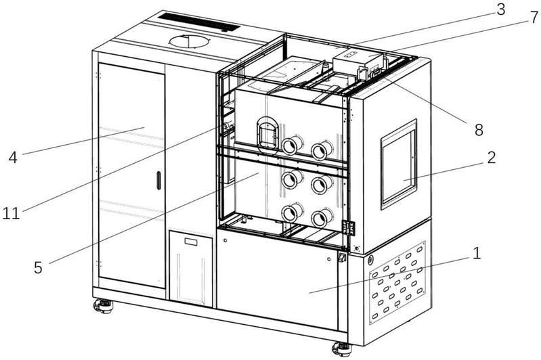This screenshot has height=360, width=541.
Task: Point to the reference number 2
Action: click(490, 158)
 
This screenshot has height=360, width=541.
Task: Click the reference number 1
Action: click(477, 254)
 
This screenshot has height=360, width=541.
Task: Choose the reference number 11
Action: click(10, 214)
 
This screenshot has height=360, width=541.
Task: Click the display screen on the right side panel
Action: click(399, 164)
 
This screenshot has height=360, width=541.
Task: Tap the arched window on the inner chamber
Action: click(265, 133)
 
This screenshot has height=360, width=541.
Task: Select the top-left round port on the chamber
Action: click(293, 145)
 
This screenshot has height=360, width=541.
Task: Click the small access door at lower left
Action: click(192, 267)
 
